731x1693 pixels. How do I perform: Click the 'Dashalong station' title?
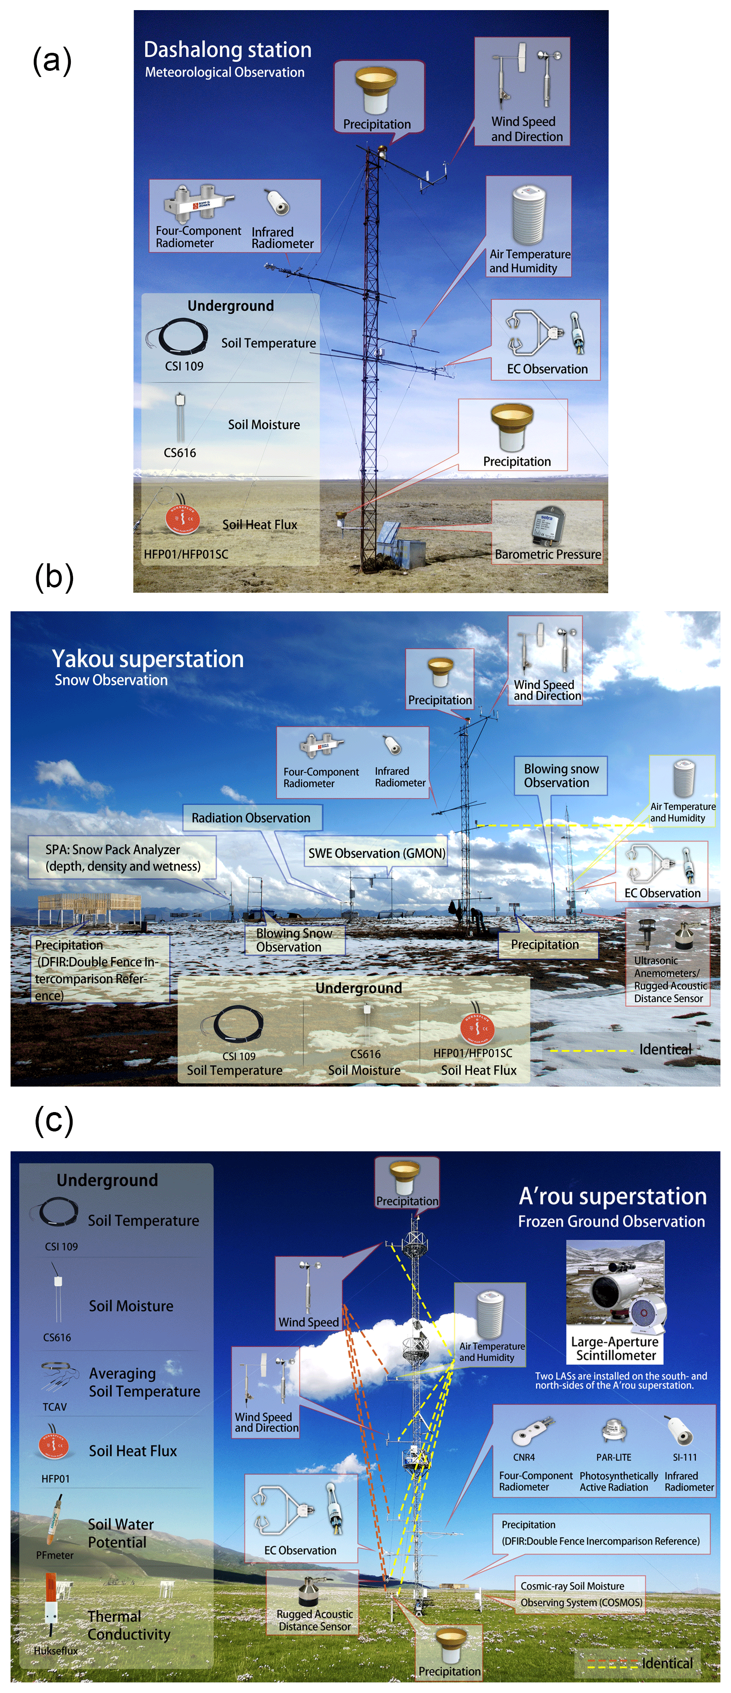pyautogui.click(x=227, y=50)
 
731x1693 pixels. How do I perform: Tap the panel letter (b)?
pyautogui.click(x=53, y=577)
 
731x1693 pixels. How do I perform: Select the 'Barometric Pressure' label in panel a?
pyautogui.click(x=547, y=554)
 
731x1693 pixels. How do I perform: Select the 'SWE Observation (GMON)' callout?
pyautogui.click(x=376, y=853)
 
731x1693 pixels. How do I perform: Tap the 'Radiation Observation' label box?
pyautogui.click(x=251, y=818)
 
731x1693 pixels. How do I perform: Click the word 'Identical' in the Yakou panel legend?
pyautogui.click(x=665, y=1049)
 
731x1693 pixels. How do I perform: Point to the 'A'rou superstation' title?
pyautogui.click(x=612, y=1196)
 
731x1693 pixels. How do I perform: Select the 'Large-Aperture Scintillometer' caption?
pyautogui.click(x=615, y=1348)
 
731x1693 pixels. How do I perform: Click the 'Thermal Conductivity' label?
pyautogui.click(x=129, y=1625)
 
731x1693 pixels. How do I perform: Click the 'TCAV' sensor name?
pyautogui.click(x=55, y=1407)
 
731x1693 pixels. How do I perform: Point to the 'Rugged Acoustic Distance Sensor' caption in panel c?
pyautogui.click(x=314, y=1620)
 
